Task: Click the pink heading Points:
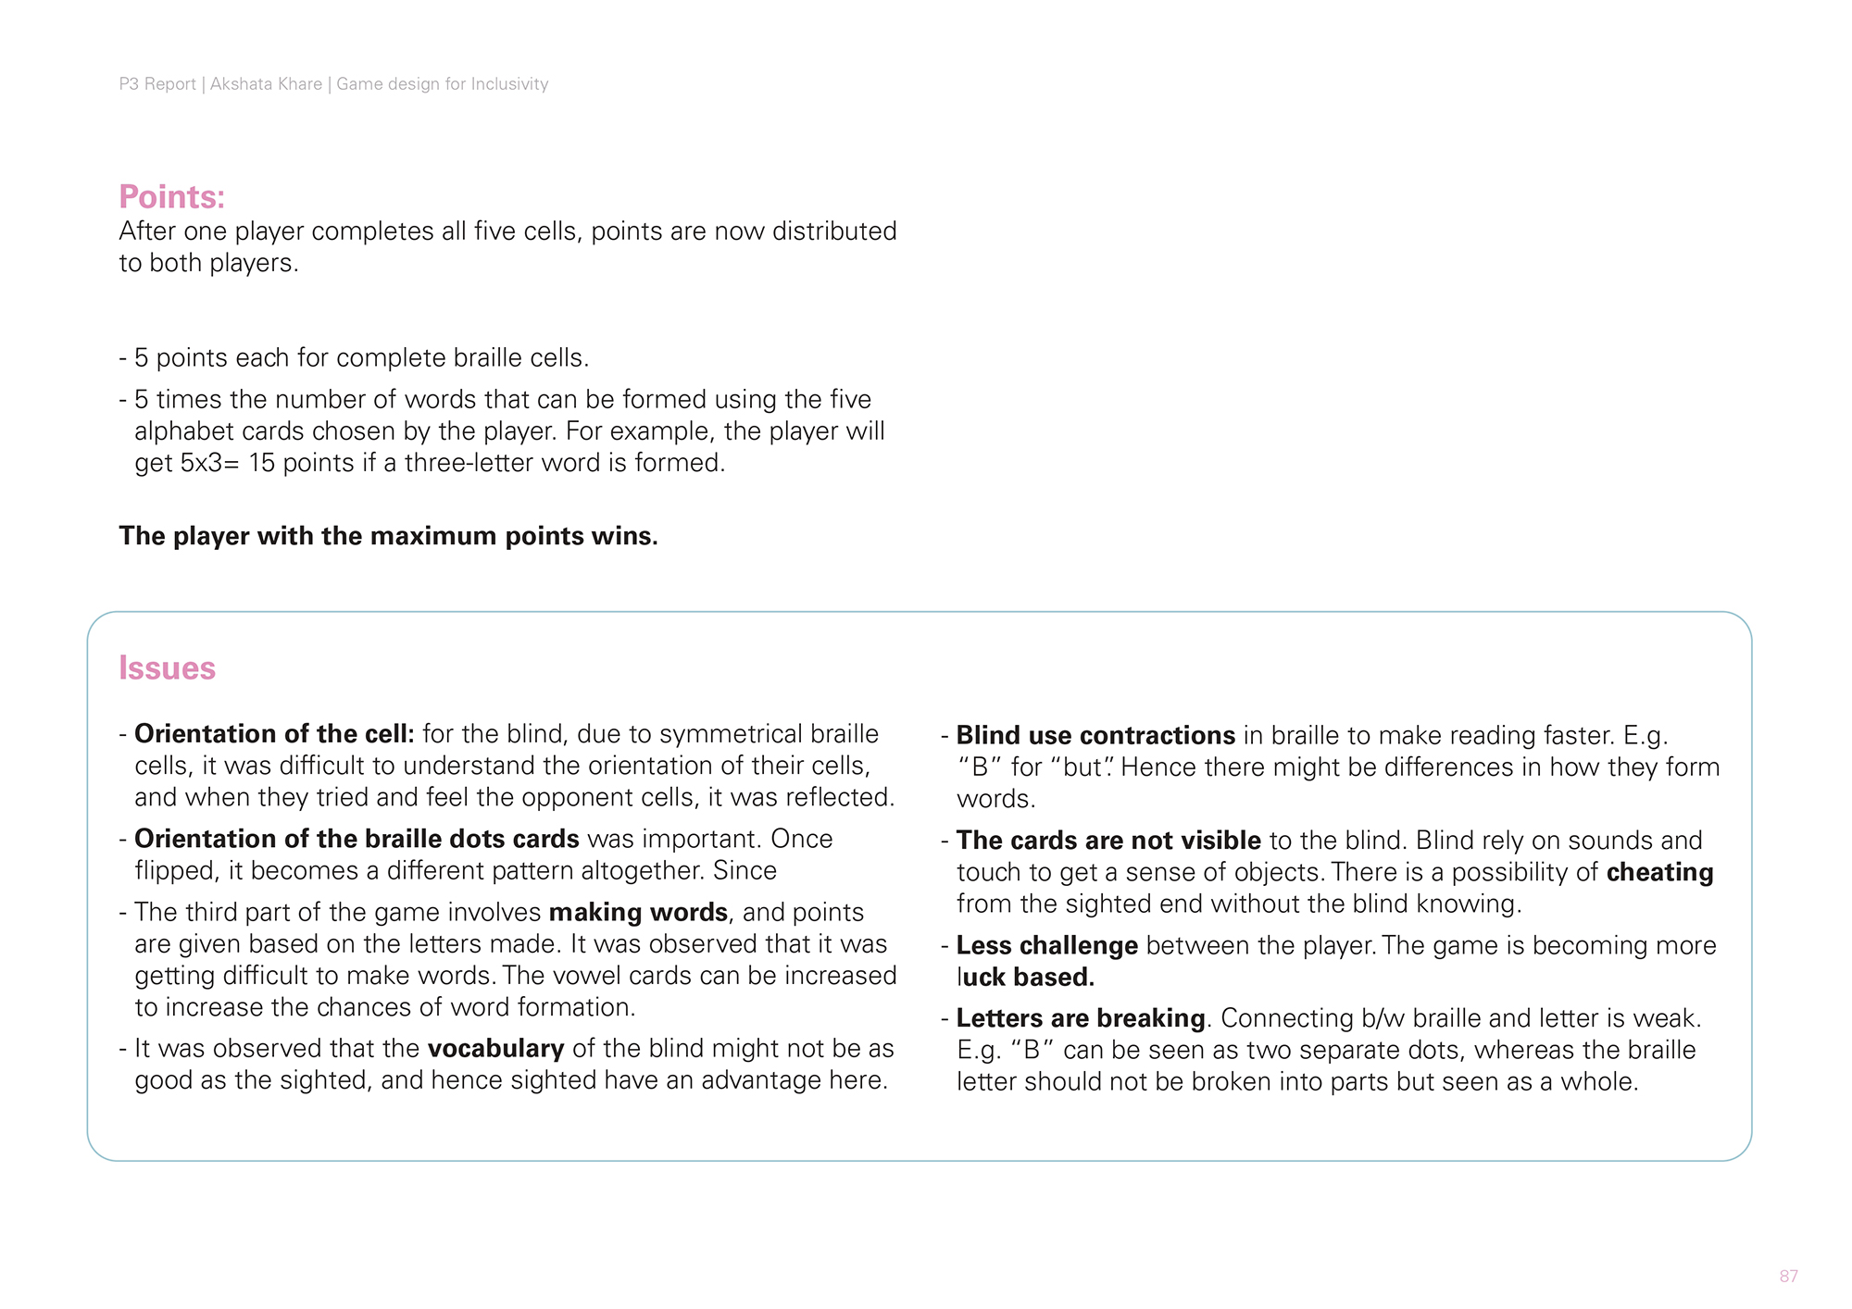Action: click(172, 197)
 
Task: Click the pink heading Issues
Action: click(167, 668)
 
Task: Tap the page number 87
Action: click(1788, 1277)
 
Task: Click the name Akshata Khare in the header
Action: click(266, 84)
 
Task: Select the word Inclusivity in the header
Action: click(509, 84)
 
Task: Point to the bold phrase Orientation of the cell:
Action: click(274, 734)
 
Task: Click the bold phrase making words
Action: click(638, 913)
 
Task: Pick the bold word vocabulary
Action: click(495, 1049)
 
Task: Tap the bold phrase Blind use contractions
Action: click(1095, 736)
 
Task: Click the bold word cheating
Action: click(1659, 873)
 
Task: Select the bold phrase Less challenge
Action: click(1046, 946)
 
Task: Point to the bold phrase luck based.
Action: click(1026, 978)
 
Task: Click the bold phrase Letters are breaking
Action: click(1081, 1018)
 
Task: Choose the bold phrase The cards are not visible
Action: click(1108, 841)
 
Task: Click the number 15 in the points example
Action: click(262, 463)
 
